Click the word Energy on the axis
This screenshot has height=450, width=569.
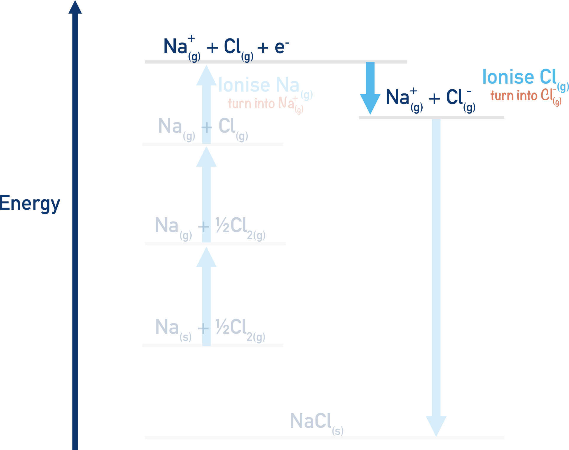pos(30,204)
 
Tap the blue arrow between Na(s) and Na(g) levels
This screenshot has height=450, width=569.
pos(206,281)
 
